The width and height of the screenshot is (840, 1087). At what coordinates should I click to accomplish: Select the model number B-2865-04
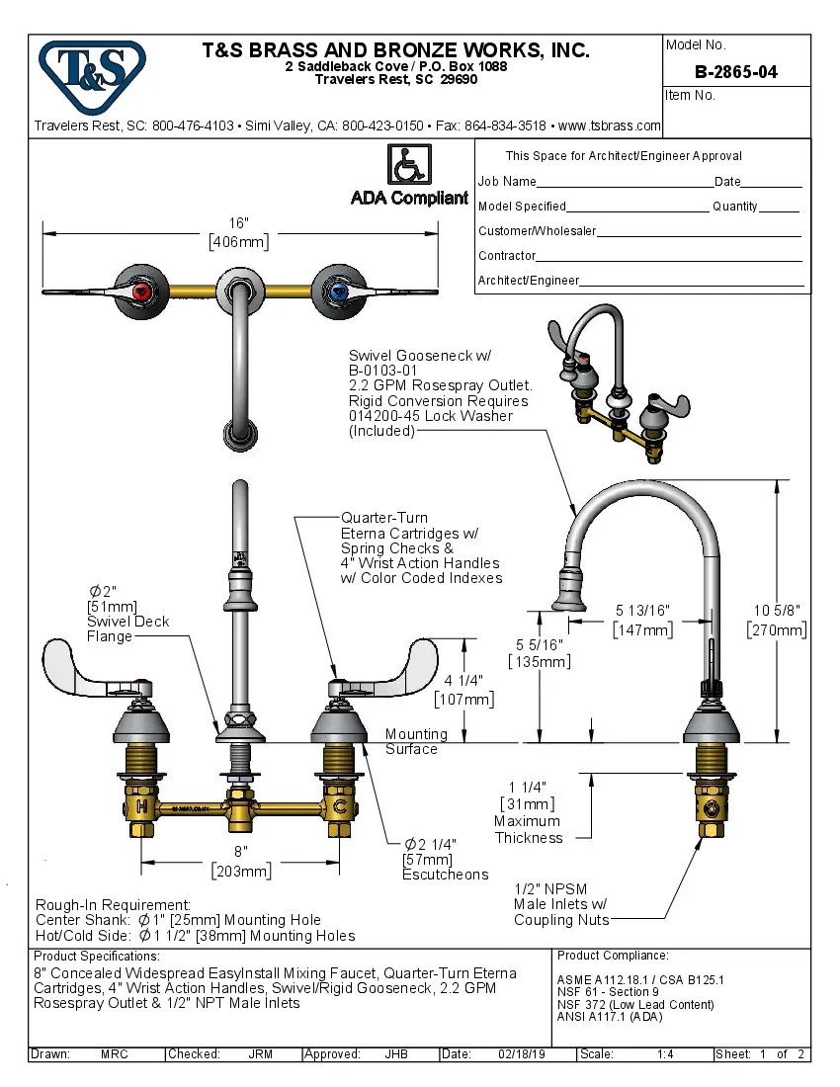tap(736, 72)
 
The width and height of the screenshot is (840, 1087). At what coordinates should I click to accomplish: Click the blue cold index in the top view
tap(339, 292)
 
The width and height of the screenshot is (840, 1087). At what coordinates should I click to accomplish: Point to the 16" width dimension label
tap(239, 232)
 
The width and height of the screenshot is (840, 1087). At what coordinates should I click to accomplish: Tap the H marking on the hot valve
tap(142, 807)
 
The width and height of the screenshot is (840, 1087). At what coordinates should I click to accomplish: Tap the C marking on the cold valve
tap(340, 807)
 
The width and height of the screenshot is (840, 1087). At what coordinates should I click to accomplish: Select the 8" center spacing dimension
tap(241, 861)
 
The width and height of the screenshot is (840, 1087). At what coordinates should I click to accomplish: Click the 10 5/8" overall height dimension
tap(777, 620)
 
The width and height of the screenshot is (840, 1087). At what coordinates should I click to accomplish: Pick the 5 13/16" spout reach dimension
tap(643, 620)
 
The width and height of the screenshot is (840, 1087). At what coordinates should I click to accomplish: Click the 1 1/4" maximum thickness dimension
tap(528, 795)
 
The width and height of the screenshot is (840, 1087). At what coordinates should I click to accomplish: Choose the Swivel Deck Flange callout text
tap(127, 622)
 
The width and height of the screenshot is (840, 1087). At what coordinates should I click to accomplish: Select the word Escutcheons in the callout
tap(445, 875)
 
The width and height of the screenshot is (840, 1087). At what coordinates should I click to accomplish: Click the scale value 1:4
tap(665, 1054)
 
